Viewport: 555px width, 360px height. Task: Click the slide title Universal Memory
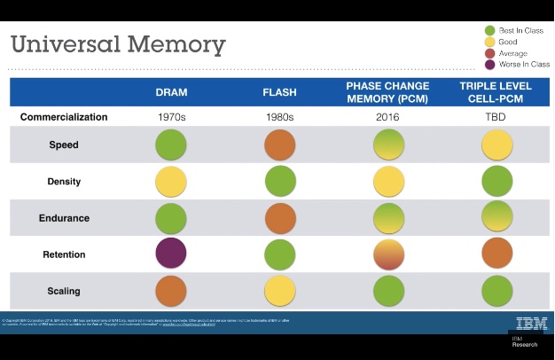118,43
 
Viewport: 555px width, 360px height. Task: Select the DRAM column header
171,92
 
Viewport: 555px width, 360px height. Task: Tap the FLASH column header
279,92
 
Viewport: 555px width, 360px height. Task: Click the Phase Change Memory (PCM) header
387,92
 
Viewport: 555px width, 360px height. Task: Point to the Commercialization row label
64,117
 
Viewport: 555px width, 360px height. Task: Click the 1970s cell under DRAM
171,117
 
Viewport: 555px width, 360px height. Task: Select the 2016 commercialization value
387,117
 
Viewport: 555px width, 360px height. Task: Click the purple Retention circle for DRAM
171,254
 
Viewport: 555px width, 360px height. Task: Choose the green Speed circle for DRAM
171,145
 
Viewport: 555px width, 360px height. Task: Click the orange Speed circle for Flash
280,145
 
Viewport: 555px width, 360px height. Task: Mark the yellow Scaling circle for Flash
280,291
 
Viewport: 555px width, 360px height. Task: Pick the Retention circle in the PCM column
388,254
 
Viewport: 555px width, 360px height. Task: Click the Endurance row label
64,218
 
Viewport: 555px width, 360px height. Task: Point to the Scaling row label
64,291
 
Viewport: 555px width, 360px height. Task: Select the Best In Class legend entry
514,31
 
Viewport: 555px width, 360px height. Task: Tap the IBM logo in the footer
531,323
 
